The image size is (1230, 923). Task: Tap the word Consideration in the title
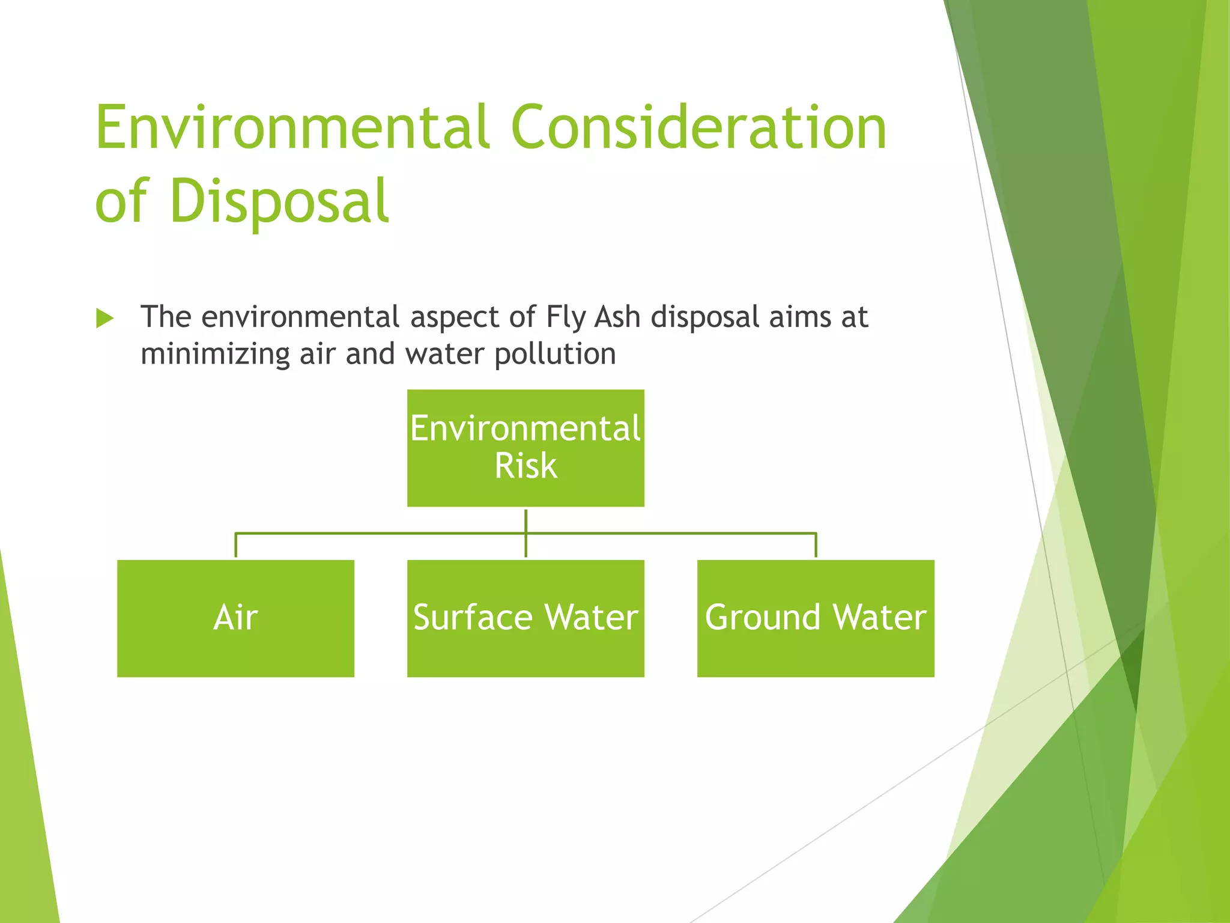[698, 127]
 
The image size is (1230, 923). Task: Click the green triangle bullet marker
[105, 318]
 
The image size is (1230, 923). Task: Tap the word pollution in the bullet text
[555, 354]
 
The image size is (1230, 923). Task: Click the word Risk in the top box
[526, 466]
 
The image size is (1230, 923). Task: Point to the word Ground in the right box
[762, 618]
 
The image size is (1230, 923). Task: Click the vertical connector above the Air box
[235, 546]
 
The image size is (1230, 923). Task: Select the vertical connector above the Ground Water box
[816, 546]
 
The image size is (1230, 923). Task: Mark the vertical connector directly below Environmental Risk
[526, 520]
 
